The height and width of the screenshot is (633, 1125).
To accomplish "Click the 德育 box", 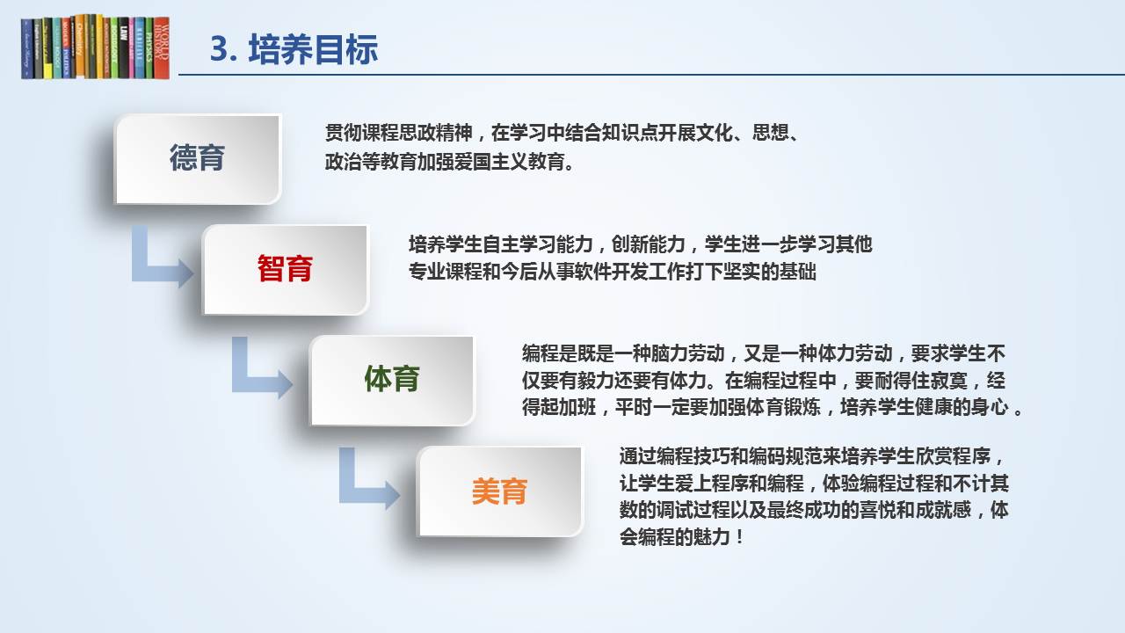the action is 198,159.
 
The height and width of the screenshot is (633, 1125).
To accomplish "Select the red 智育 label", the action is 285,268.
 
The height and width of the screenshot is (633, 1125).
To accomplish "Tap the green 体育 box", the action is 392,380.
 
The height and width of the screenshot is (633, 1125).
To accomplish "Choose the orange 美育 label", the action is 499,491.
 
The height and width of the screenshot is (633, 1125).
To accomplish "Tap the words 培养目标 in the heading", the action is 313,49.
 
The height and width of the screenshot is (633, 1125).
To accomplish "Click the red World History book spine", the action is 162,47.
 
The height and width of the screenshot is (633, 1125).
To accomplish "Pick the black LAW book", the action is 123,47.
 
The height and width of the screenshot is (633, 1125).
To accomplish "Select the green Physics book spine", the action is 149,47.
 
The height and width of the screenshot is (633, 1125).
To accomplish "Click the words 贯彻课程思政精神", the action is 399,133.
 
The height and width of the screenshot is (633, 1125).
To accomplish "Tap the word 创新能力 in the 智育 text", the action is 649,244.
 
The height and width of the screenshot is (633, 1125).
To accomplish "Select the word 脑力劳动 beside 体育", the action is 687,353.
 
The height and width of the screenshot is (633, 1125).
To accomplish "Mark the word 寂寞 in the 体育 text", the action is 949,381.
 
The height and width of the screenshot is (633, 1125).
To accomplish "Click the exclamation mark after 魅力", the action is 739,537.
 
